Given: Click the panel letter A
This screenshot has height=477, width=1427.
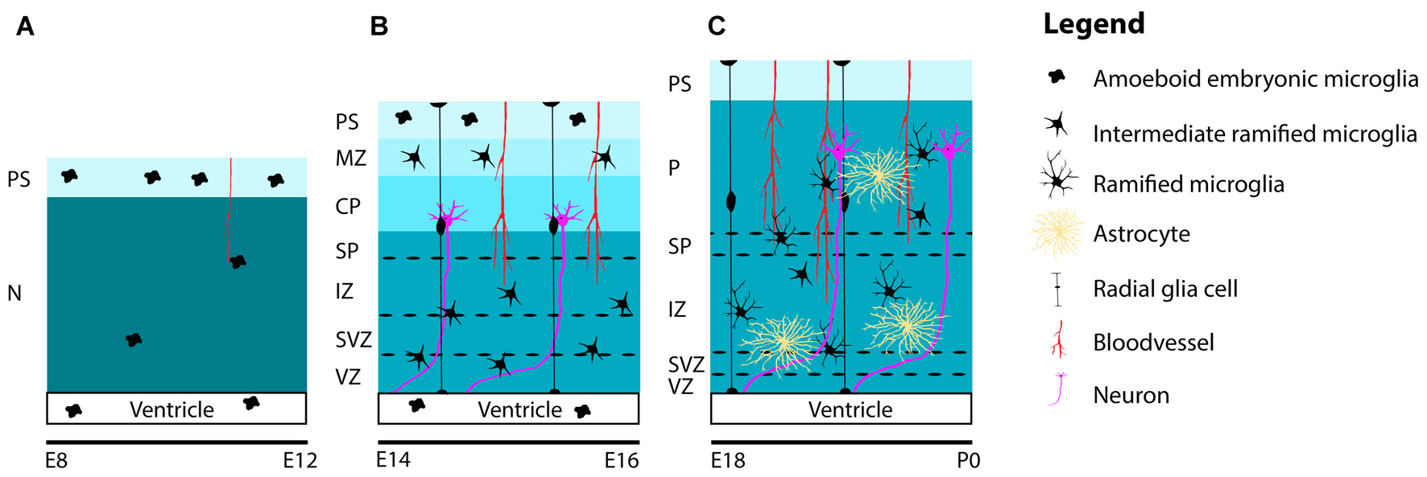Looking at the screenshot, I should pos(25,27).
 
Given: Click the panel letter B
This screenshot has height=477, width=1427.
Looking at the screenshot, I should pos(378,27).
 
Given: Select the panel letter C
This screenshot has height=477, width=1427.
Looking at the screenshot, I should pos(716,27).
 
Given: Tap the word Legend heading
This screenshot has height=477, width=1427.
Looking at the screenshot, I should pos(1094,24).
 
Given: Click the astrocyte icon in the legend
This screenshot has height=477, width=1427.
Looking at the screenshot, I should pos(1058,232).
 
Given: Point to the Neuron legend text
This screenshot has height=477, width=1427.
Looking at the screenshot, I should pos(1131,395).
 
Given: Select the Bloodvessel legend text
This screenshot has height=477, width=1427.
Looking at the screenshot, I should pos(1152,343).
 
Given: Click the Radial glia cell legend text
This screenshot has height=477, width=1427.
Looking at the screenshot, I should pos(1164,289).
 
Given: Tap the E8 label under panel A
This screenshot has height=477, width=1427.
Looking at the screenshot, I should pos(56,461).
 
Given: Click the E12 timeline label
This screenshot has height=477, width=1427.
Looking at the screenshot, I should pos(300,461).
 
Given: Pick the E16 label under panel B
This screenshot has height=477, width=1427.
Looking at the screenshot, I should pos(621,461).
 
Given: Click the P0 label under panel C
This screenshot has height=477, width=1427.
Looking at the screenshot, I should pos(968,461).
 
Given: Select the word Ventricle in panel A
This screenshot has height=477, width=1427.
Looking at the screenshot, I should pos(172,409).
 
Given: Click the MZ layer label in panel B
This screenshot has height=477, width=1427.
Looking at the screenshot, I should pos(350,158).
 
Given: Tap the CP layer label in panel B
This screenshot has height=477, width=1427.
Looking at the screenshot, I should pos(348,207).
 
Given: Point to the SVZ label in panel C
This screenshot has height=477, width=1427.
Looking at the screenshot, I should pos(686,364).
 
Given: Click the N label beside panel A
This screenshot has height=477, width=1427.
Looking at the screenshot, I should pos(14,294).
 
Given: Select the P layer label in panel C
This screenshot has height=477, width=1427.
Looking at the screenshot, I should pos(674,168).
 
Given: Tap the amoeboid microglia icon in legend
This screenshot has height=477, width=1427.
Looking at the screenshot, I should pos(1056,77).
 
